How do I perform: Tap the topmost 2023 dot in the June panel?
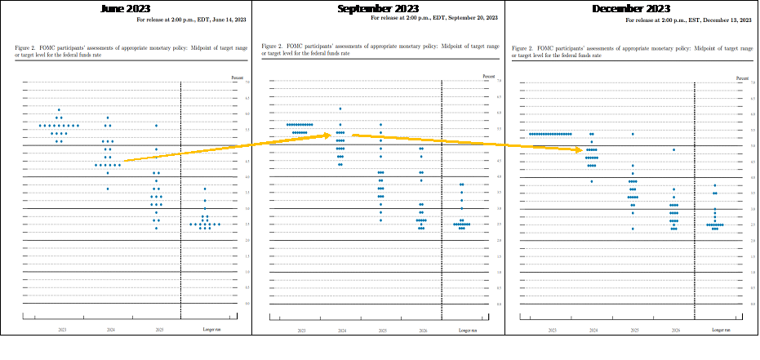59,109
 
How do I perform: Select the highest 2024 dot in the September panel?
340,109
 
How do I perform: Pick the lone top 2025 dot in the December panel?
633,134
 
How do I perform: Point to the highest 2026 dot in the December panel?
673,149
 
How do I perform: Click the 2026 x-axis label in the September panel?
421,330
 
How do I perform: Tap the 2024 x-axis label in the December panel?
592,331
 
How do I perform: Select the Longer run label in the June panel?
210,329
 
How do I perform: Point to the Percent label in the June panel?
238,77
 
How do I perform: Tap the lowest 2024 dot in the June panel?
108,189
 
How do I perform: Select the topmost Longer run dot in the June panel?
205,189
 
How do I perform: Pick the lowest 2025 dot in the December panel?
633,229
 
